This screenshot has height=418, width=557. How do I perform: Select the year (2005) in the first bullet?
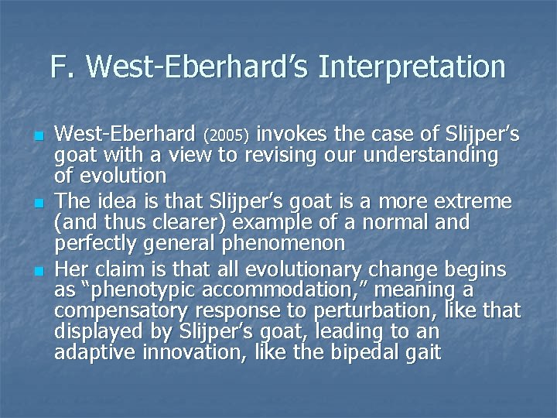tap(225, 136)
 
